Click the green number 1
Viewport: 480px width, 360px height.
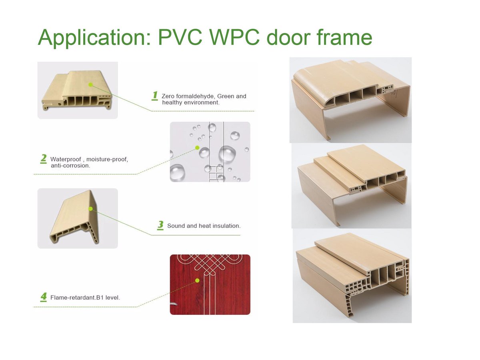tap(155, 95)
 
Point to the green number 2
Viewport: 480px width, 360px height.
tap(43, 158)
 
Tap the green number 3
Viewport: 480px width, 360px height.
tap(160, 225)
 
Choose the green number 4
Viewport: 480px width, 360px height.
tap(43, 297)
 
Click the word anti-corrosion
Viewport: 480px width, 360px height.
tap(70, 166)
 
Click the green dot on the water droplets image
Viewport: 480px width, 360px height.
tap(197, 148)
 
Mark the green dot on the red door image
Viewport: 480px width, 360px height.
tap(197, 280)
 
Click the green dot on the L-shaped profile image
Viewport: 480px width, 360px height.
tap(91, 208)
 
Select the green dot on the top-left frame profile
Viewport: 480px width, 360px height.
tap(91, 84)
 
